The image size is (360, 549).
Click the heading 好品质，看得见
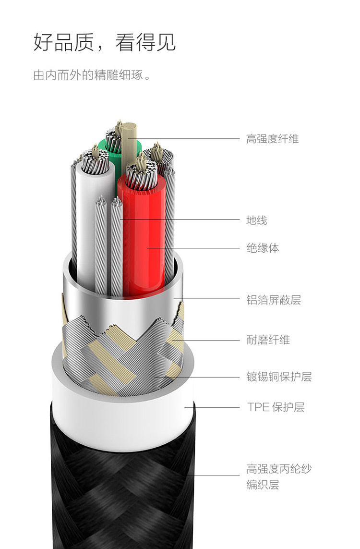(x=105, y=42)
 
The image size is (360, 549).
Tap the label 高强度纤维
(x=272, y=139)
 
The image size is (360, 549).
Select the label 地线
(x=256, y=220)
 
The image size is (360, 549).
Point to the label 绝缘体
(x=262, y=248)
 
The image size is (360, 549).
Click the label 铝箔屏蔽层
(x=273, y=301)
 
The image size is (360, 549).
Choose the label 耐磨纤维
(x=268, y=340)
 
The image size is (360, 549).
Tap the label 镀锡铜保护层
(x=279, y=377)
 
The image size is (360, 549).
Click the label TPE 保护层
(x=276, y=407)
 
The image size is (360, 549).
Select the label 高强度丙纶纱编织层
(x=279, y=476)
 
